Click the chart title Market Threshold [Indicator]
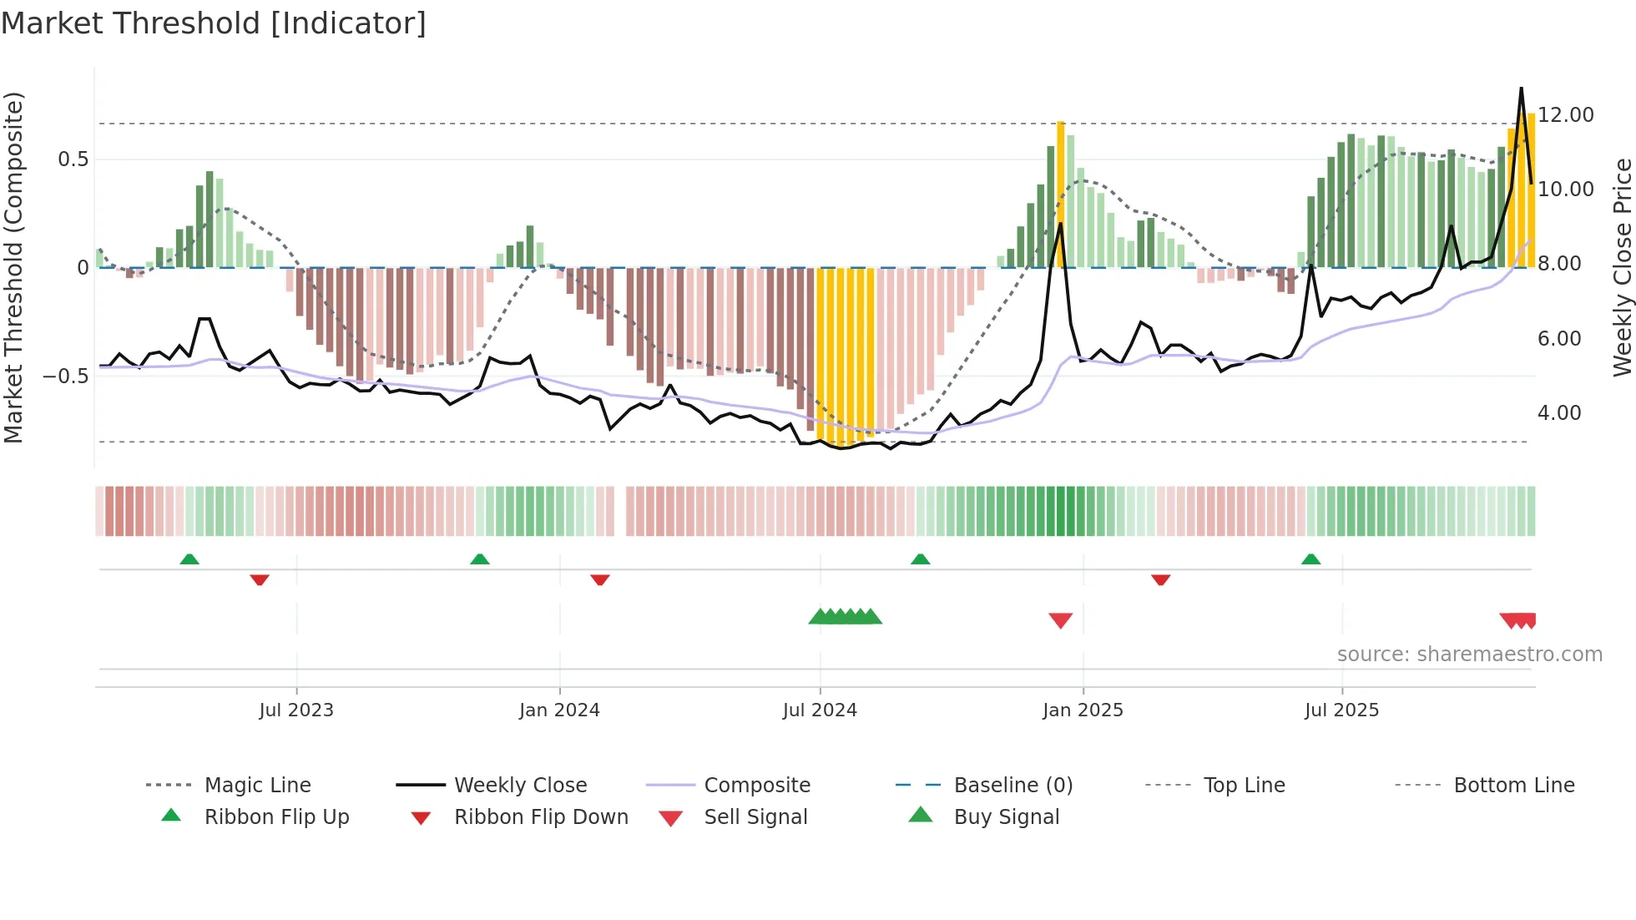pos(214,23)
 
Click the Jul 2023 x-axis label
pos(296,710)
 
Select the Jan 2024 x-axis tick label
pos(559,710)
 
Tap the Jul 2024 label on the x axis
pos(820,710)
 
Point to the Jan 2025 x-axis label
pos(1083,710)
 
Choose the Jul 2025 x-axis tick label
pos(1341,710)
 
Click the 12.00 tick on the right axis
pos(1566,115)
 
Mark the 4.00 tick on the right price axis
pos(1559,413)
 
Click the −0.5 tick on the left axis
pos(66,377)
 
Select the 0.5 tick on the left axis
pos(73,159)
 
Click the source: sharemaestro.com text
pos(1469,655)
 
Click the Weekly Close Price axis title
pos(1622,267)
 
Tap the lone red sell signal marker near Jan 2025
pos(1060,620)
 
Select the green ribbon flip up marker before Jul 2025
pos(1310,559)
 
